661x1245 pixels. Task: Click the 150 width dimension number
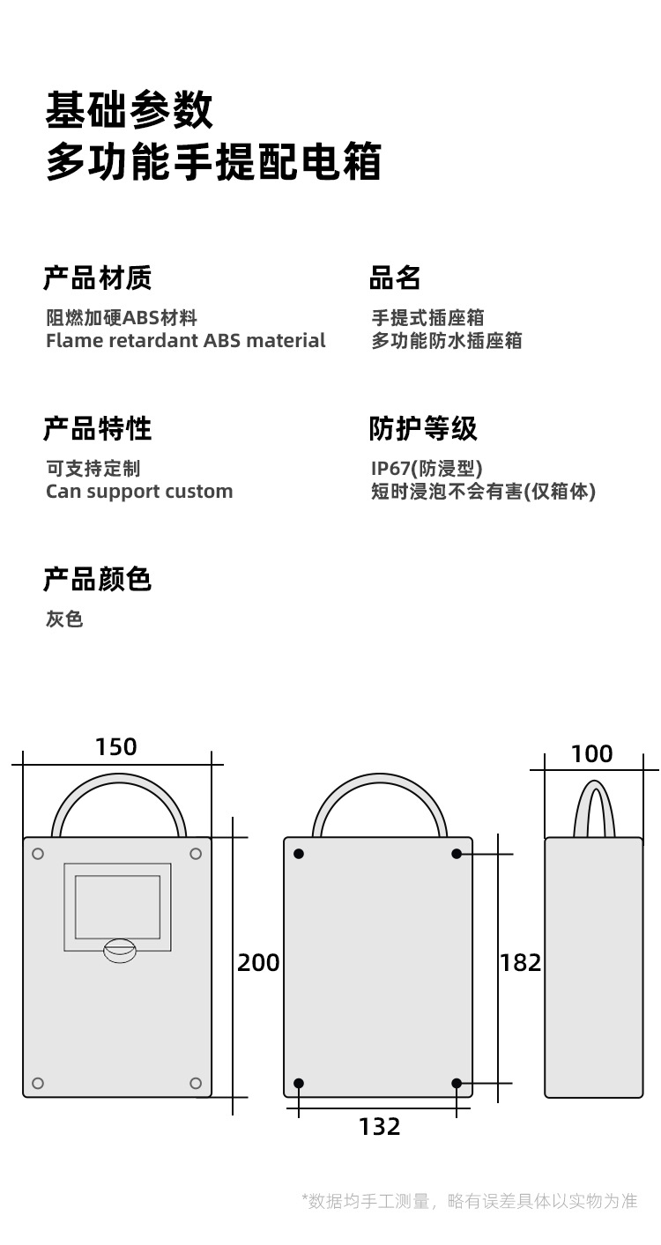pos(116,747)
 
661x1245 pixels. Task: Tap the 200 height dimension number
pos(258,963)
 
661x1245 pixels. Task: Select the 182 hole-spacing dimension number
pos(520,963)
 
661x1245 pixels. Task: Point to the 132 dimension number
pos(379,1127)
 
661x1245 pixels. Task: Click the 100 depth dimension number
pos(591,754)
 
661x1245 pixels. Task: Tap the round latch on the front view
pos(120,949)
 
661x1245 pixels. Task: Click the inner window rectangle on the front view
pos(117,907)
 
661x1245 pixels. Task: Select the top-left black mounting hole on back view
pos(299,854)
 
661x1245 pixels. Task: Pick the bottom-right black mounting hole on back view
pos(457,1083)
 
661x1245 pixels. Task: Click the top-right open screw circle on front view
pos(196,854)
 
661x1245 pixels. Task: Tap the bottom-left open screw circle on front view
pos(38,1083)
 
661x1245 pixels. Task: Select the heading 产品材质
pos(97,278)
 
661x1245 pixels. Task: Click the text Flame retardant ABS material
pos(185,341)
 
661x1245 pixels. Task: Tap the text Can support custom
pos(139,492)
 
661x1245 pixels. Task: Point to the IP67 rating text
pos(427,469)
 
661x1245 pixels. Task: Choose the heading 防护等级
pos(423,429)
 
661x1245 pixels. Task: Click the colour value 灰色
pos(64,619)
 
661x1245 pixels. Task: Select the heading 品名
pos(395,278)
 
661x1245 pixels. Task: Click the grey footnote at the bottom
pos(469,1201)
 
